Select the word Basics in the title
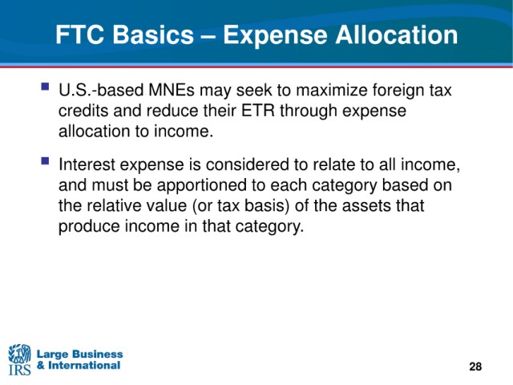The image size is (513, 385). point(153,34)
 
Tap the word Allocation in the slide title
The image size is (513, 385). point(397,34)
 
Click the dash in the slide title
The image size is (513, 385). point(208,36)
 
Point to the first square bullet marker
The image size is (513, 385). point(45,87)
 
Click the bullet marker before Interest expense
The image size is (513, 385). point(45,161)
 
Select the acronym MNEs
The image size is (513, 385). point(171,90)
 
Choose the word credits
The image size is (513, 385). point(83,111)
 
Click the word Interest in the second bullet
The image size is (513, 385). point(87,164)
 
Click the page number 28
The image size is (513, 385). point(475,367)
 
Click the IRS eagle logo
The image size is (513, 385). point(19,359)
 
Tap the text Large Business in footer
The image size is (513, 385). point(79,355)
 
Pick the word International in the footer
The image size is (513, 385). point(84,366)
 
